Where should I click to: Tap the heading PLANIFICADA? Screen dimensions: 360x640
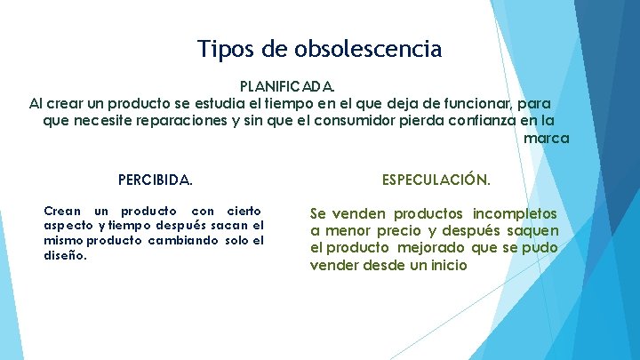coord(288,87)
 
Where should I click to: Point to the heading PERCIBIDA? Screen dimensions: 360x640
coord(155,180)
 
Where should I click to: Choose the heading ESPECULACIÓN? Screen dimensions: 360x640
coord(436,180)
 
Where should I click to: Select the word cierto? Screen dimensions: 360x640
coord(244,211)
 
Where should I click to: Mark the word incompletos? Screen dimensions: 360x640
coord(515,213)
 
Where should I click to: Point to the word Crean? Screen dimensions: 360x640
coord(61,211)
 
